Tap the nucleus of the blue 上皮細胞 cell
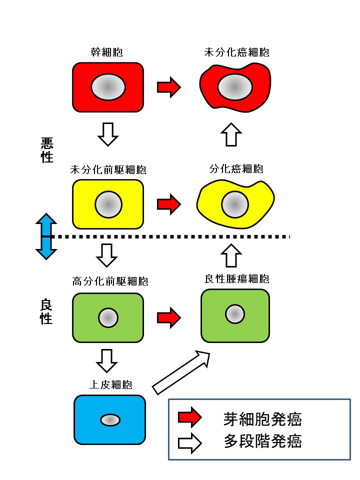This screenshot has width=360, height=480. click(110, 420)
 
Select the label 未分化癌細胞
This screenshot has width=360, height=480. click(236, 52)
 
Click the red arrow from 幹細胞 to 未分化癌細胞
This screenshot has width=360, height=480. click(168, 87)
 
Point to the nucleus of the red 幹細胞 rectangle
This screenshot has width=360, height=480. click(108, 87)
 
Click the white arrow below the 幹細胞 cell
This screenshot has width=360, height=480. click(108, 134)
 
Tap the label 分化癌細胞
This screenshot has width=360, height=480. click(236, 169)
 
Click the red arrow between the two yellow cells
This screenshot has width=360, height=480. click(168, 204)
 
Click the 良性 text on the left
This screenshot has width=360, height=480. click(46, 311)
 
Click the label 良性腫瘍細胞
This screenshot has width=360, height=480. click(236, 279)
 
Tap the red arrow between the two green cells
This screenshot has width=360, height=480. click(168, 317)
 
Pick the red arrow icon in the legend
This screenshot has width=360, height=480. click(189, 418)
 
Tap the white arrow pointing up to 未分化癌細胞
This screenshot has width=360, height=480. click(230, 134)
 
